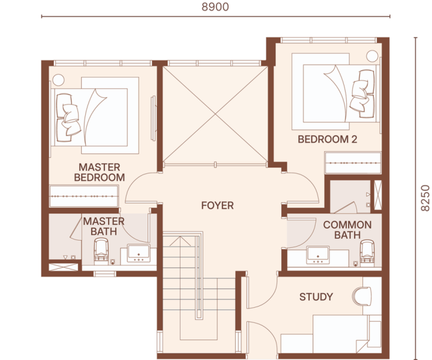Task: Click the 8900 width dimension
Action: pyautogui.click(x=215, y=7)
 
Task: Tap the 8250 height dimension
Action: pyautogui.click(x=425, y=198)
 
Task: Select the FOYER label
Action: pyautogui.click(x=217, y=205)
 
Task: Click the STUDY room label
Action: pyautogui.click(x=316, y=296)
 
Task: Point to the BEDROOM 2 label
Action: pyautogui.click(x=328, y=139)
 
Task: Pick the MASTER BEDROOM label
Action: pyautogui.click(x=100, y=172)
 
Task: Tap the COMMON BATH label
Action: pyautogui.click(x=347, y=230)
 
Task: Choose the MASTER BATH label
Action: pyautogui.click(x=104, y=226)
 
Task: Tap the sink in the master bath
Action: pyautogui.click(x=139, y=253)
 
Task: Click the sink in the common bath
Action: pyautogui.click(x=318, y=255)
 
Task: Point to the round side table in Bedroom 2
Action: pyautogui.click(x=371, y=56)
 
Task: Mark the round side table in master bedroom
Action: pyautogui.click(x=58, y=80)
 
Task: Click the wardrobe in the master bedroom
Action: pyautogui.click(x=84, y=196)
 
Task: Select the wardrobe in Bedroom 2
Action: pyautogui.click(x=353, y=163)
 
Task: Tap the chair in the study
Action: pyautogui.click(x=361, y=296)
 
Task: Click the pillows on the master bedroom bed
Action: pyautogui.click(x=68, y=118)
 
